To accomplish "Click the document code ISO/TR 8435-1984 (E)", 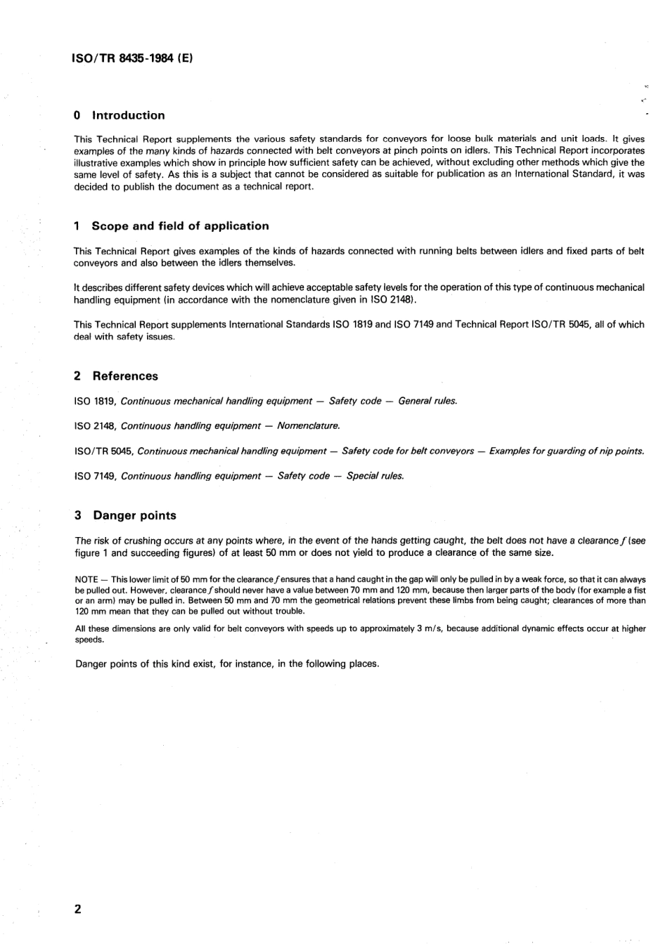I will point(133,59).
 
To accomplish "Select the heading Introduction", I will point(129,115).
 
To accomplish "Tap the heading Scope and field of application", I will point(180,226).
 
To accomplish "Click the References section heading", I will point(125,376).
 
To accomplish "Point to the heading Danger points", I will point(134,515).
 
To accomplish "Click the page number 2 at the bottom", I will point(77,910).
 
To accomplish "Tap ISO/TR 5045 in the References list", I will point(103,451).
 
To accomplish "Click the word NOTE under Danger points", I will point(86,580).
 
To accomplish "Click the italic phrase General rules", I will point(428,401).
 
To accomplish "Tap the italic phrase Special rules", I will point(375,477).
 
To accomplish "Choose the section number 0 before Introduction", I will point(77,115).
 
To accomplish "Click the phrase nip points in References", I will point(622,451).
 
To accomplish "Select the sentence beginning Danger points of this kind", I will point(226,664).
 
